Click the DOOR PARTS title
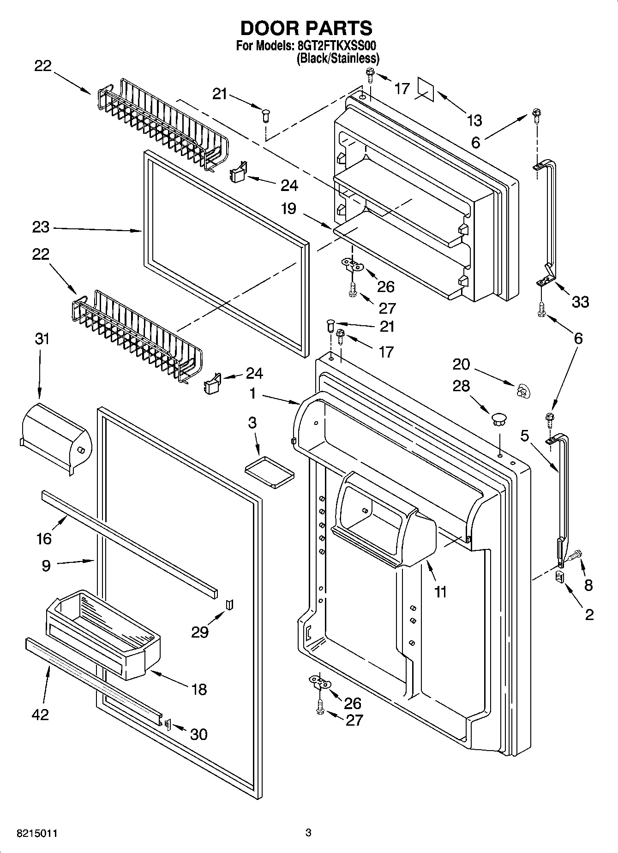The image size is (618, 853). coord(306,29)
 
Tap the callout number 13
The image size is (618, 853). coord(474,121)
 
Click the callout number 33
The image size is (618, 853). coord(580,302)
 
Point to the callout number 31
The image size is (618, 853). coord(42,339)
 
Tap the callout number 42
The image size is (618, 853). coord(40,715)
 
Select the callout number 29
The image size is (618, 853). coord(199,632)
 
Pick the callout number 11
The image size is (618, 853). coord(441,591)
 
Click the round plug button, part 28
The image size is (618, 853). coord(499,419)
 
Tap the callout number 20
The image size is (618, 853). coord(461,364)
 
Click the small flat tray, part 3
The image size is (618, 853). coord(270,471)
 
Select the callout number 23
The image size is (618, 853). coord(41,227)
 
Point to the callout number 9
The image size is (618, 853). coord(46,566)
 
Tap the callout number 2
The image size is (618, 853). coord(589,614)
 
